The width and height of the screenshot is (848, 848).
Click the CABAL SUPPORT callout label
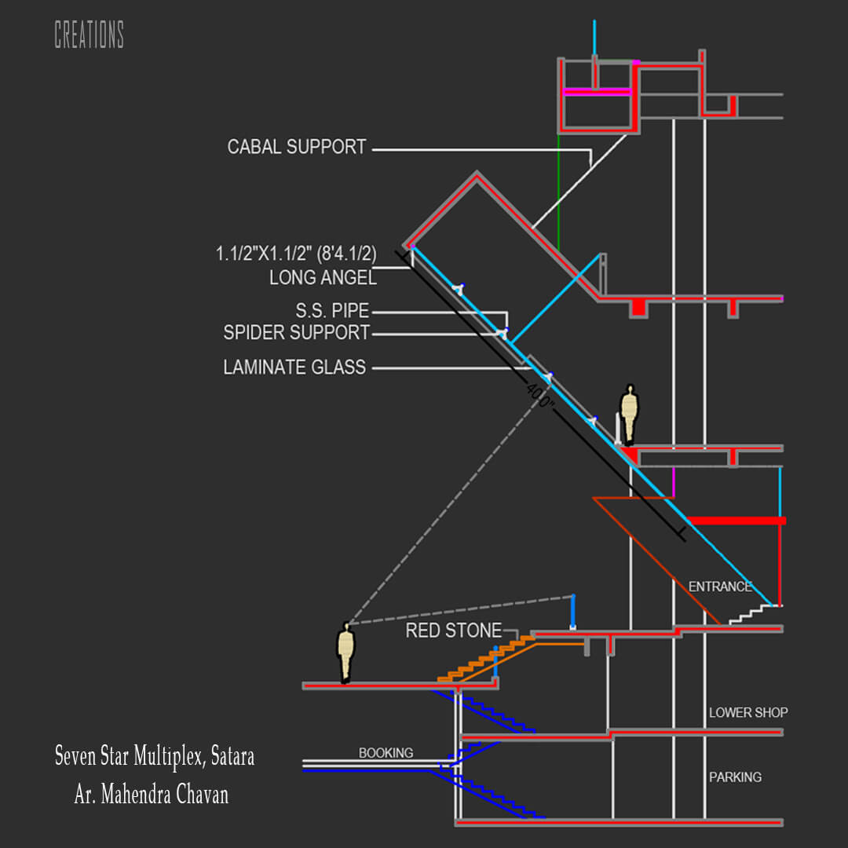(296, 147)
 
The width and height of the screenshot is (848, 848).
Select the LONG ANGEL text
(323, 277)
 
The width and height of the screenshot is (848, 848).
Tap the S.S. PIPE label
(332, 310)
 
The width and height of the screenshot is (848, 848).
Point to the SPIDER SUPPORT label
(296, 332)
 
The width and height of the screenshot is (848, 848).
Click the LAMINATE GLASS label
(294, 367)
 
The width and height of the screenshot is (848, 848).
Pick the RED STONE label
(454, 630)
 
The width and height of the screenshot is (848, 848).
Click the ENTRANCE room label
(720, 587)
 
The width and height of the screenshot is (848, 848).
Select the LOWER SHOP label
(748, 712)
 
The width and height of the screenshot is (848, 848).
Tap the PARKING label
(736, 777)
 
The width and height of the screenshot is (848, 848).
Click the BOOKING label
(386, 752)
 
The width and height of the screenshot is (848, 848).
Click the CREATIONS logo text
(90, 35)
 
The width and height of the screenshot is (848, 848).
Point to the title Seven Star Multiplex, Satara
(155, 755)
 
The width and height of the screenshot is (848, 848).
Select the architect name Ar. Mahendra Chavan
(152, 794)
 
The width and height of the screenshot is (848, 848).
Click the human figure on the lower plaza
(345, 652)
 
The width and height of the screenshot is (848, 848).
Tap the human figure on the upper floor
(628, 415)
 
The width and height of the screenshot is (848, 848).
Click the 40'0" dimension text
(539, 397)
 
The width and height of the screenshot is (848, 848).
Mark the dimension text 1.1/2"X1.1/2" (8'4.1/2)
(296, 253)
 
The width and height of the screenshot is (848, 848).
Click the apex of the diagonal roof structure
(477, 173)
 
